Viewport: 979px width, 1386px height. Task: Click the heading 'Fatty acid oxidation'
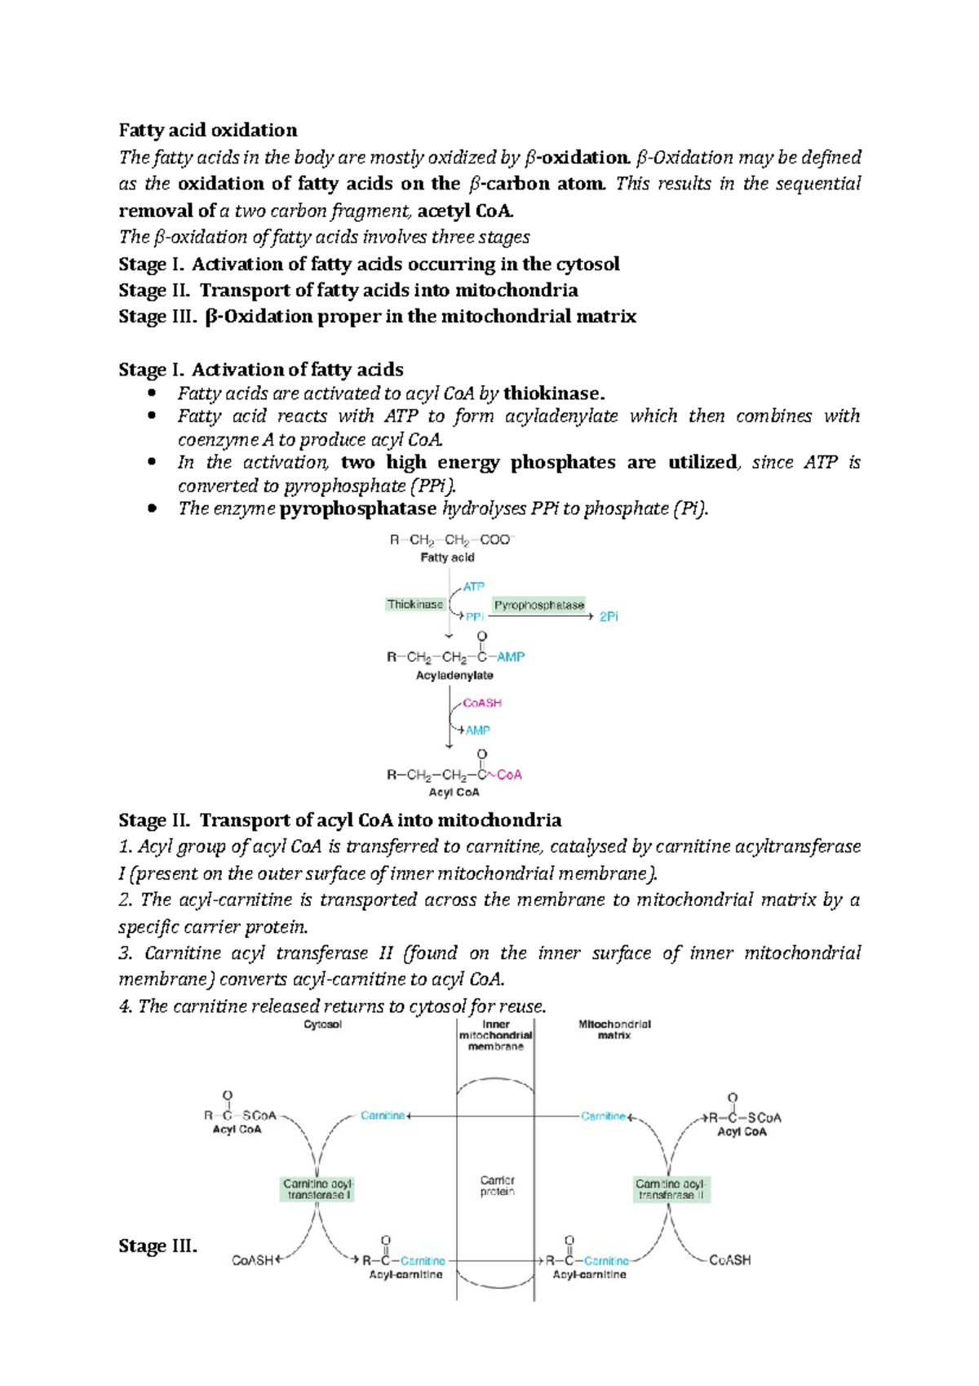point(208,131)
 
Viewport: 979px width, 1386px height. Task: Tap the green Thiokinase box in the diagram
point(415,605)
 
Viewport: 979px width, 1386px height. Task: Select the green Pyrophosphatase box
point(538,606)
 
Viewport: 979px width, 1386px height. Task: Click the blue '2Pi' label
point(609,617)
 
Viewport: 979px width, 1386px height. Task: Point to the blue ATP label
point(473,587)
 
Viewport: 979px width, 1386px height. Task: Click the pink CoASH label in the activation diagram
point(482,703)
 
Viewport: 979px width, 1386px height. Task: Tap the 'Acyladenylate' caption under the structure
point(454,676)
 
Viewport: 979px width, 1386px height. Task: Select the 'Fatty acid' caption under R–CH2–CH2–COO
point(447,558)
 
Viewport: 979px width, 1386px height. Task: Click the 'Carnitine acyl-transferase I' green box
point(317,1189)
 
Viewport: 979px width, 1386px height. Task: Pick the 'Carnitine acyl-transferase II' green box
point(671,1189)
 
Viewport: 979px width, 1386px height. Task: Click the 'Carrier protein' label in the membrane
point(497,1186)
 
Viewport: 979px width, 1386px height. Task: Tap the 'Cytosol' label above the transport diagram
point(322,1024)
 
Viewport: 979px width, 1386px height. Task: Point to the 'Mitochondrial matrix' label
point(614,1029)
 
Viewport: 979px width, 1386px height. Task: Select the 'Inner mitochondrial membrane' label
point(495,1035)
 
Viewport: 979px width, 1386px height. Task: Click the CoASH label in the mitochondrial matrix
point(729,1260)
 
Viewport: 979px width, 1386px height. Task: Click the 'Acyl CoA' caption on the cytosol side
point(237,1130)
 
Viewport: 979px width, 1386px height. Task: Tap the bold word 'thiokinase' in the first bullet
point(552,393)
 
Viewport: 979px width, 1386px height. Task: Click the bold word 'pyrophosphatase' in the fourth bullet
point(357,509)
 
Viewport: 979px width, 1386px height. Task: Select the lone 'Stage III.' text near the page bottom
point(157,1246)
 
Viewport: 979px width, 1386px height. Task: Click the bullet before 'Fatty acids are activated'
point(151,393)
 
